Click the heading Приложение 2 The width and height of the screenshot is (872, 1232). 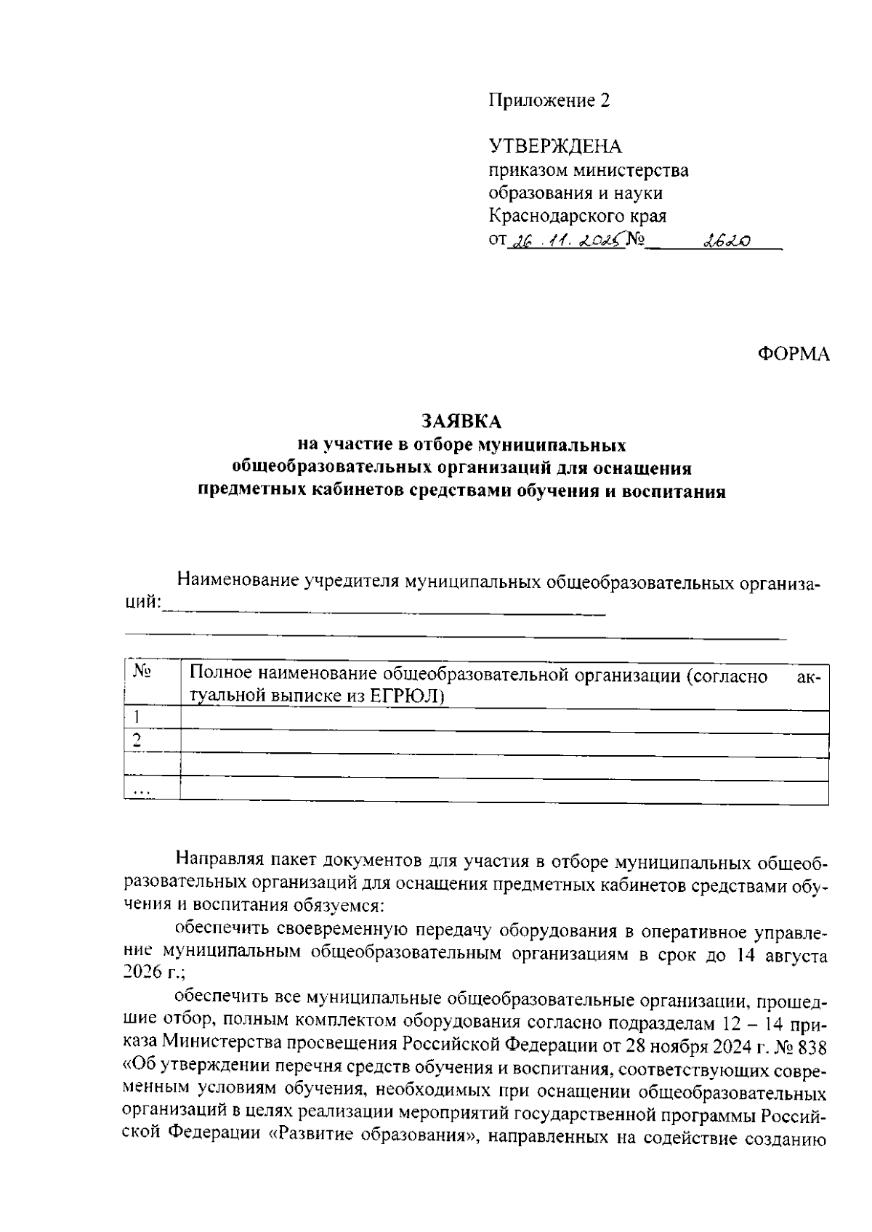549,101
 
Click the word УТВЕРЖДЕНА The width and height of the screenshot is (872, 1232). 555,147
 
